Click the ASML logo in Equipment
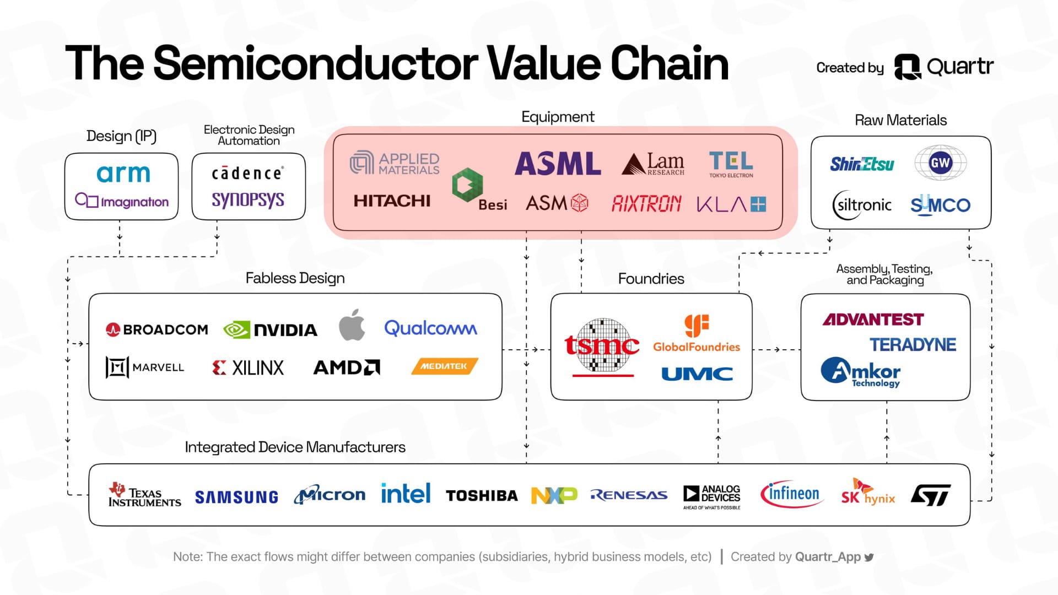[558, 164]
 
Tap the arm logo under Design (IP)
[123, 174]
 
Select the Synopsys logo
[248, 199]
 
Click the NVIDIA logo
[270, 329]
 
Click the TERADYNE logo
[913, 344]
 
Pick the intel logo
[406, 494]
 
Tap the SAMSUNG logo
[236, 497]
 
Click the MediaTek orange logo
[445, 366]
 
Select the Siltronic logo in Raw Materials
[862, 205]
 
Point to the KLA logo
[731, 204]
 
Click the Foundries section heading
[651, 279]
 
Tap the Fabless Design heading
[295, 278]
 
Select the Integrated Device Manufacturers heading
[295, 447]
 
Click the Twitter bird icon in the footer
[869, 557]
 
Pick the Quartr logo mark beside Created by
[907, 67]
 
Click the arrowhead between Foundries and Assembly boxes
[777, 349]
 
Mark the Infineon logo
[792, 494]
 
